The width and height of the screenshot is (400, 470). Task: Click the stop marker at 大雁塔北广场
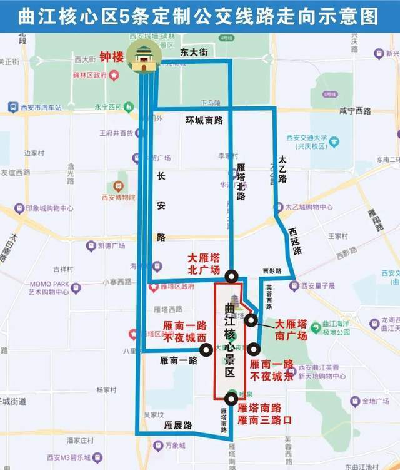coord(231,275)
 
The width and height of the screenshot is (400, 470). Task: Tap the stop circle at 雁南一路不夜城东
coord(253,350)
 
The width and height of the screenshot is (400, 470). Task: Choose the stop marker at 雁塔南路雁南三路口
coord(231,397)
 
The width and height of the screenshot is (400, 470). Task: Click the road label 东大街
coord(193,53)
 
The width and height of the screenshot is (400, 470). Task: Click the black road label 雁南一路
coord(178,360)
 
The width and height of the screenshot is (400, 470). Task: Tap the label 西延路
coord(295,241)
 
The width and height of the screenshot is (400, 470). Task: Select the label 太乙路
coord(282,170)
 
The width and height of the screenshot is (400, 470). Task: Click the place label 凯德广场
coord(111,245)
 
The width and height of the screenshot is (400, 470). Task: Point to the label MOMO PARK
coord(49,284)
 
